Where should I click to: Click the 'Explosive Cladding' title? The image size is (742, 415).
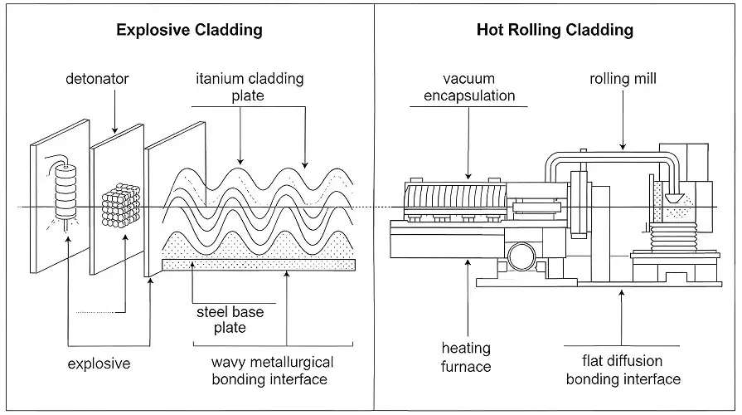click(189, 30)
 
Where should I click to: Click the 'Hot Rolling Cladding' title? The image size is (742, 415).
click(555, 30)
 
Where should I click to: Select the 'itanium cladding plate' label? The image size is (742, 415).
click(250, 87)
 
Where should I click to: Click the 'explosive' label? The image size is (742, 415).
click(99, 364)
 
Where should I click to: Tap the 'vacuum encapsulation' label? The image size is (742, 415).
click(468, 87)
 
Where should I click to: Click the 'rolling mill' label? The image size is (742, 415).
click(623, 81)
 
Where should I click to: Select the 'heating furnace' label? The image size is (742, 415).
click(466, 357)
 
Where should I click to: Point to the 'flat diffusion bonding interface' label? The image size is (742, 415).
click(623, 370)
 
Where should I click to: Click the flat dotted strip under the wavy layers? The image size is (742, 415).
click(259, 264)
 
